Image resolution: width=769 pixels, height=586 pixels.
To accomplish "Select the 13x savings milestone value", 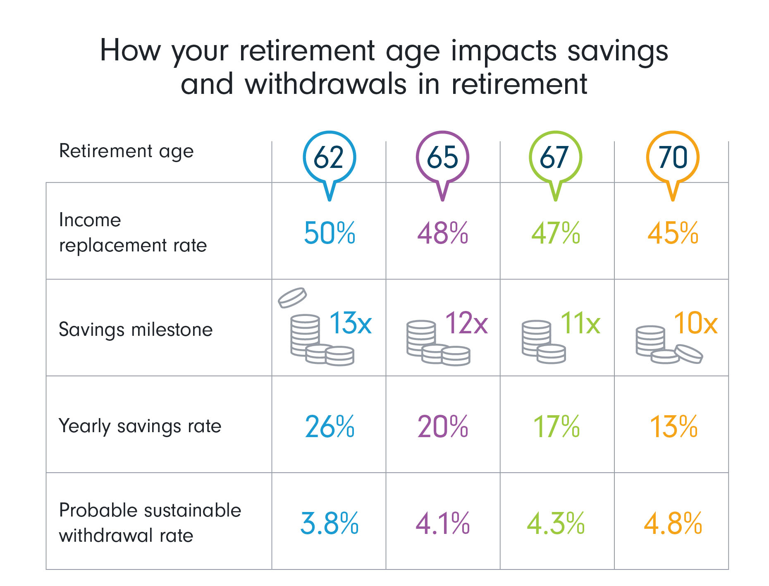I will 350,323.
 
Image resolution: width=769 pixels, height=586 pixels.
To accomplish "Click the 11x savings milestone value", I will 580,323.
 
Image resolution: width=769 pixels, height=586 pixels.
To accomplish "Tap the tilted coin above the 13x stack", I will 292,298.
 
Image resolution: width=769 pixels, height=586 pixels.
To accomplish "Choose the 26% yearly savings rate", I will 329,426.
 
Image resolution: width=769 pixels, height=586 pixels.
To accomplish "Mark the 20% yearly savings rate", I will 442,426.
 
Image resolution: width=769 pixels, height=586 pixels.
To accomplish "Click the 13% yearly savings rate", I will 673,426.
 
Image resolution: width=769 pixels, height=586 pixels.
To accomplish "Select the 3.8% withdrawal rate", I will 329,523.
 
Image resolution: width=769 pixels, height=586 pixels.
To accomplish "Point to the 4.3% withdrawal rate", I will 555,523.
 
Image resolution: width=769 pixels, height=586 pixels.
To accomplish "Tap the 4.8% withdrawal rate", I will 673,523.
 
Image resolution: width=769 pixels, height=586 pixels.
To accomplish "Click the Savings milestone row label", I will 136,330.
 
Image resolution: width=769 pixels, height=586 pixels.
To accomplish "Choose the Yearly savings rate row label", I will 140,426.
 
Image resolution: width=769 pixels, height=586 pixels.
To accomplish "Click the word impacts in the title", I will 504,52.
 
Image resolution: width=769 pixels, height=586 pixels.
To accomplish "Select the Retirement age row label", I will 126,151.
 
